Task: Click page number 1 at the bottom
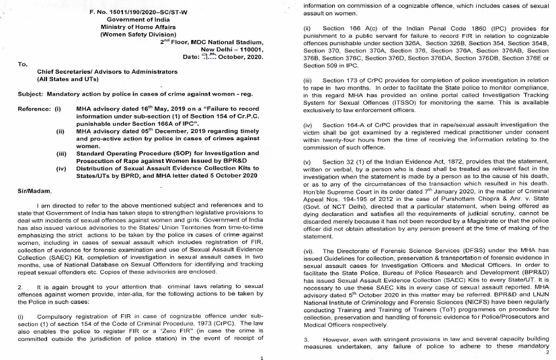point(262,357)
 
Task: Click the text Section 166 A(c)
point(349,31)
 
